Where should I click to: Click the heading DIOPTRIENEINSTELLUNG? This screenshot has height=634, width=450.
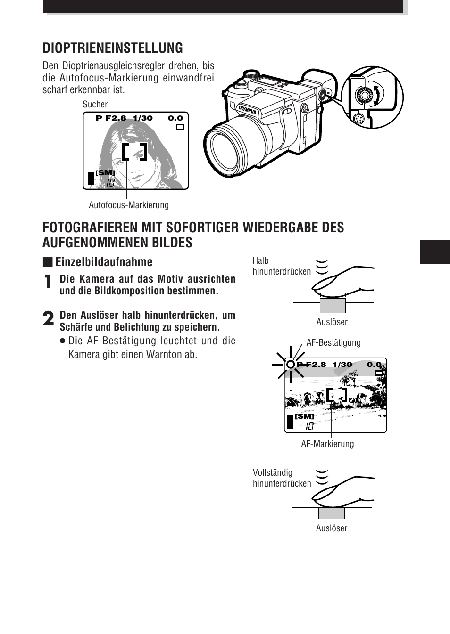(113, 48)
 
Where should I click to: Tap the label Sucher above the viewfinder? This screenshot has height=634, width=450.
(95, 105)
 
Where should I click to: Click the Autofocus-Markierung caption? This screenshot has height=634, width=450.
(128, 205)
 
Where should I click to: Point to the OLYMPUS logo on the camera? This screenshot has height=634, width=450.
(247, 109)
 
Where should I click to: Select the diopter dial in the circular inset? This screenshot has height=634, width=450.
(365, 96)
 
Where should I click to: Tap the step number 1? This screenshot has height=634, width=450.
(48, 283)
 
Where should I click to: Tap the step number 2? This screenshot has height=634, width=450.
(48, 319)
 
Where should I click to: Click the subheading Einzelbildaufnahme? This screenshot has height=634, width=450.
(103, 262)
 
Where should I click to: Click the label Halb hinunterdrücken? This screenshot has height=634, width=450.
(281, 266)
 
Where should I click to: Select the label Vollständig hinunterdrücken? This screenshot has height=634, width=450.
(281, 478)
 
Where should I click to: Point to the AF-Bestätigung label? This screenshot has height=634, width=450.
(333, 342)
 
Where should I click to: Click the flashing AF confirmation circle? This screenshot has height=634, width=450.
(291, 364)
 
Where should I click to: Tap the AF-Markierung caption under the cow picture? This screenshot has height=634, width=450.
(327, 444)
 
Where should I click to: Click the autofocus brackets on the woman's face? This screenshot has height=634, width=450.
(134, 152)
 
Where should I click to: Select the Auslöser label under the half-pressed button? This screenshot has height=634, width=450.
(332, 322)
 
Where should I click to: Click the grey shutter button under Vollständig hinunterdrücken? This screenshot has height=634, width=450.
(331, 513)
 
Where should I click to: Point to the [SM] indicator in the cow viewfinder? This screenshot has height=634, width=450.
(304, 416)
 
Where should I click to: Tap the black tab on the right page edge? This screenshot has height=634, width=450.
(434, 252)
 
